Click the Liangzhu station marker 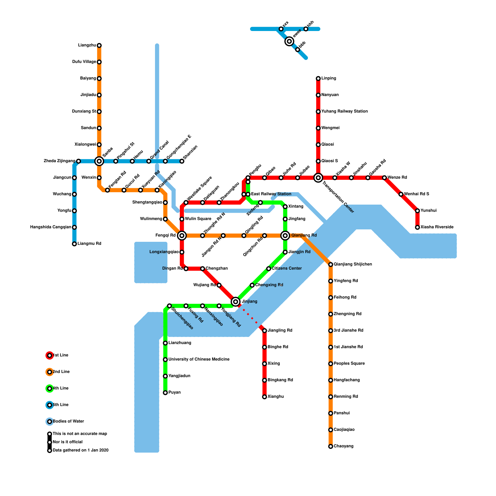99,46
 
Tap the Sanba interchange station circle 99,161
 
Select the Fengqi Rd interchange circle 182,236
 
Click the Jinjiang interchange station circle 236,301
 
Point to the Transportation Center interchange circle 318,178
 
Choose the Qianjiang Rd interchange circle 285,236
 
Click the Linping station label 329,78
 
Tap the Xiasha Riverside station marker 418,228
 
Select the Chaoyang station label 343,446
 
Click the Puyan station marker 165,393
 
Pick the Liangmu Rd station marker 74,244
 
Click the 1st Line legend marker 50,356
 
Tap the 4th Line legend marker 50,388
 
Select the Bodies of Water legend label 68,422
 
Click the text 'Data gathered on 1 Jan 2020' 81,450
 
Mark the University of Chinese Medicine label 199,360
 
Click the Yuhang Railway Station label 344,112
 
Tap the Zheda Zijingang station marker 78,161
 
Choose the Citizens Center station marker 269,269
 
